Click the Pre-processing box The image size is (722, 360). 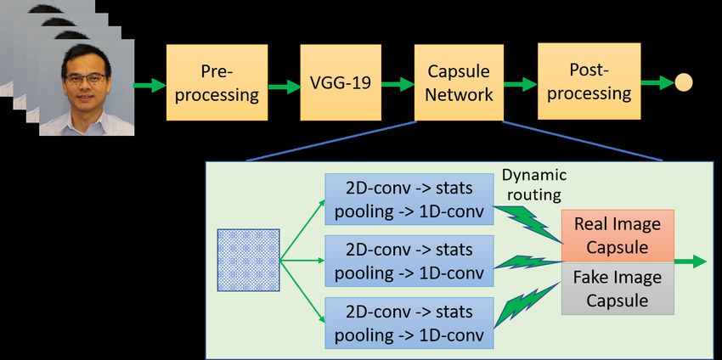click(217, 82)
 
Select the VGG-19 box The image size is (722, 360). click(341, 82)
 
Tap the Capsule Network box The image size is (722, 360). click(459, 82)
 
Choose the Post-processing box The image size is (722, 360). click(589, 82)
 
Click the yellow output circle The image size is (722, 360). click(684, 82)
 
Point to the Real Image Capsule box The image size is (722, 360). click(618, 236)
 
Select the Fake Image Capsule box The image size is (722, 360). click(618, 289)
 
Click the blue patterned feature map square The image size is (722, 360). click(249, 260)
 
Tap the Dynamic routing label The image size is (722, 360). click(534, 185)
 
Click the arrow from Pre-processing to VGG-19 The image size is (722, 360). click(284, 86)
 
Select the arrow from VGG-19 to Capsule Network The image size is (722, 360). click(398, 84)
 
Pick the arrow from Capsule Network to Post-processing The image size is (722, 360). click(521, 84)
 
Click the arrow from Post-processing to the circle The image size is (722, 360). click(657, 83)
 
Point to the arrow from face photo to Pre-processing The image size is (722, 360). click(149, 85)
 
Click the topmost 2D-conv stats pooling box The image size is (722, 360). click(409, 200)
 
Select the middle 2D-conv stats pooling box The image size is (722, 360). click(409, 261)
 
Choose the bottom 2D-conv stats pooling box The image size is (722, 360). click(409, 323)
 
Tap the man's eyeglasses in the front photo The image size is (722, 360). click(86, 79)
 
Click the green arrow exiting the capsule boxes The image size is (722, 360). click(690, 262)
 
